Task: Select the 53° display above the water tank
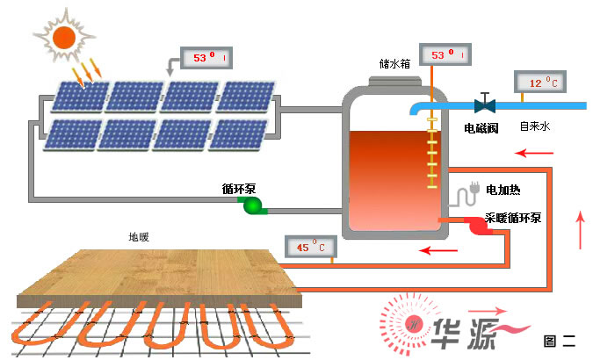pos(444,54)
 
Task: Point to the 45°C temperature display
pos(310,248)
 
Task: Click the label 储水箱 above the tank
pos(394,65)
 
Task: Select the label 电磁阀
pos(481,127)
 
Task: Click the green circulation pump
pos(253,205)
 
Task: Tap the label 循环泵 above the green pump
pos(238,189)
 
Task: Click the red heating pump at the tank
pos(478,226)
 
